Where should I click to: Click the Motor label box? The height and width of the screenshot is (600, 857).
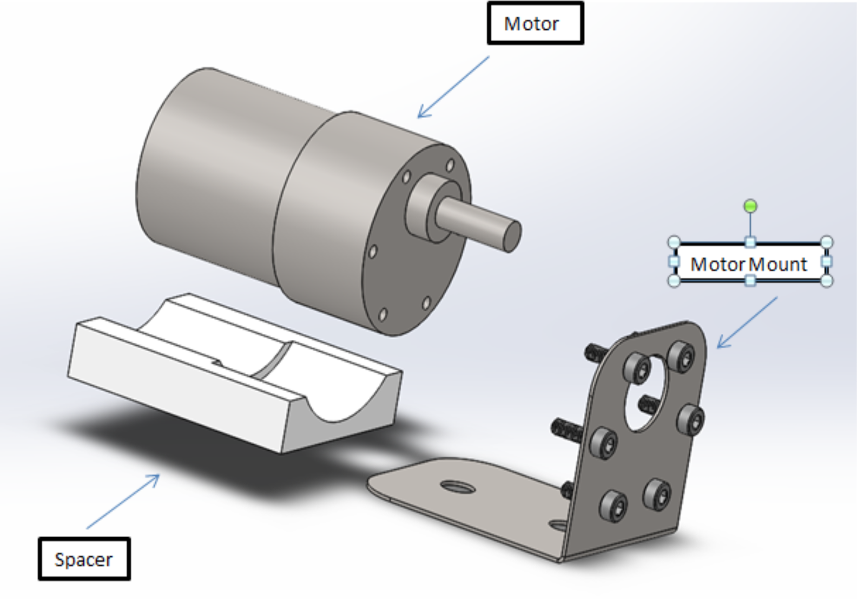pyautogui.click(x=535, y=23)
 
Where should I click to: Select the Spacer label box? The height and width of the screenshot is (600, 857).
pyautogui.click(x=84, y=559)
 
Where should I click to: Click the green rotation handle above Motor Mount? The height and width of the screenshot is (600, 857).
pyautogui.click(x=750, y=206)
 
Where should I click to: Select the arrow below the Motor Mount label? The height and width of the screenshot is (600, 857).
pyautogui.click(x=747, y=322)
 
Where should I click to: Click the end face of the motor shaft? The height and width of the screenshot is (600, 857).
pyautogui.click(x=512, y=236)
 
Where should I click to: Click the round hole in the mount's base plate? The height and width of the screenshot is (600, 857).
pyautogui.click(x=458, y=487)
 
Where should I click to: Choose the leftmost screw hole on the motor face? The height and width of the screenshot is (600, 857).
pyautogui.click(x=372, y=252)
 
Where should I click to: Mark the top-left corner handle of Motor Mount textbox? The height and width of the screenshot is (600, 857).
pyautogui.click(x=674, y=242)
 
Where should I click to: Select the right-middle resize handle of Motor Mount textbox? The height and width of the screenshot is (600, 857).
pyautogui.click(x=826, y=262)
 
